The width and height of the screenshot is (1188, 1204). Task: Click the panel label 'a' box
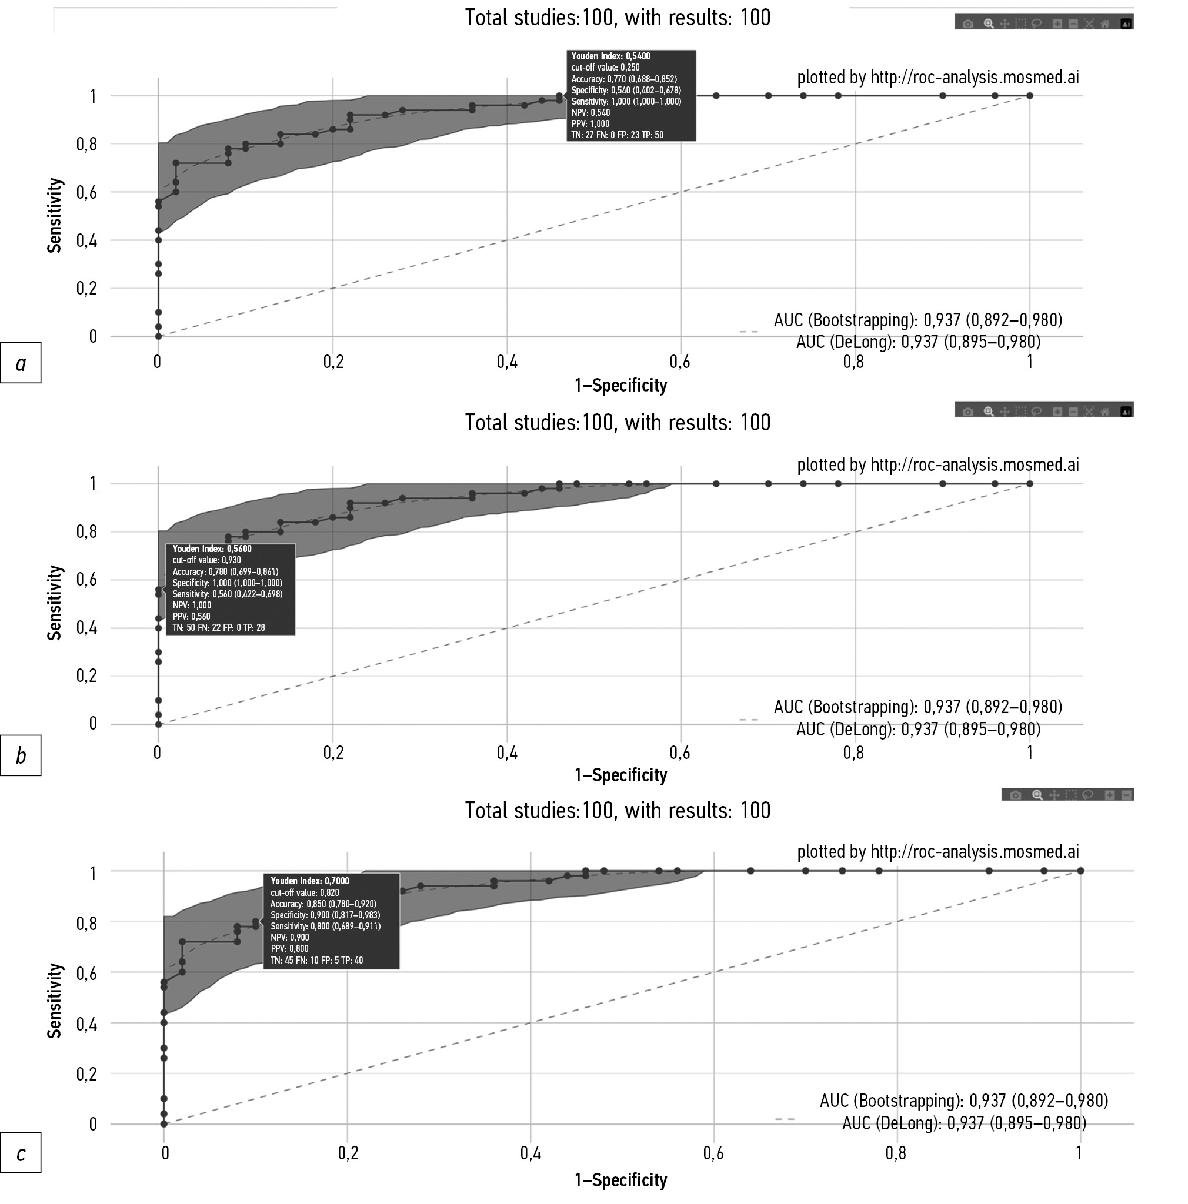[21, 363]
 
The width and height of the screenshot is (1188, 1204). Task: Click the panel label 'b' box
[21, 755]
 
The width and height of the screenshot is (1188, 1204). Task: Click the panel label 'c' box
[21, 1153]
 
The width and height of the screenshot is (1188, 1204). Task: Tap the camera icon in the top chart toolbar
[967, 24]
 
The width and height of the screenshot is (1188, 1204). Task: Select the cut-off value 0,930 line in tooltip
[206, 560]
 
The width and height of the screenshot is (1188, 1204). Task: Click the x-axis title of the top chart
[620, 386]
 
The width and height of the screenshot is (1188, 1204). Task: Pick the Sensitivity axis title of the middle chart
[55, 602]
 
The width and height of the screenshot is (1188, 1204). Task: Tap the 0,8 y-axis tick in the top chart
[86, 145]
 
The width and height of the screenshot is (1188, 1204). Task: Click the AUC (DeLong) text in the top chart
[917, 342]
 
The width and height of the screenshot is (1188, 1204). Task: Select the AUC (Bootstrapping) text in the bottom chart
[963, 1101]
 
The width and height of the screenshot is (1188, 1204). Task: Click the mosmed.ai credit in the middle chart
[937, 465]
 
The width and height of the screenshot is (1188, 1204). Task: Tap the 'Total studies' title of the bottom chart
[617, 811]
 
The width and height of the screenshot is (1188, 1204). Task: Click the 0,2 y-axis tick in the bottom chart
[86, 1073]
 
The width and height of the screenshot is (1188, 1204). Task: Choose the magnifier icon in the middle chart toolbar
[989, 412]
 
